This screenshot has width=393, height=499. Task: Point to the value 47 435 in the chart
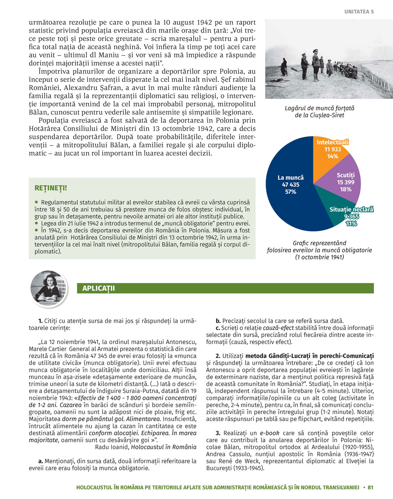(290, 185)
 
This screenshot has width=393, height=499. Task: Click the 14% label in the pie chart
(332, 156)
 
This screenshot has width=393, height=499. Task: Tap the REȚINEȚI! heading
(51, 189)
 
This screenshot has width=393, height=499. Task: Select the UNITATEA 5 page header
(359, 12)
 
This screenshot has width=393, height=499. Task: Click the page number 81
(370, 488)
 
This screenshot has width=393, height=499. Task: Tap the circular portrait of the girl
(48, 288)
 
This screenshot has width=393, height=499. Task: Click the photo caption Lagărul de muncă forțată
(319, 108)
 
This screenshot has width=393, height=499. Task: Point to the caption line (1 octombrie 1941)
(319, 257)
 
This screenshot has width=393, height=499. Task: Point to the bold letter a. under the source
(40, 461)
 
